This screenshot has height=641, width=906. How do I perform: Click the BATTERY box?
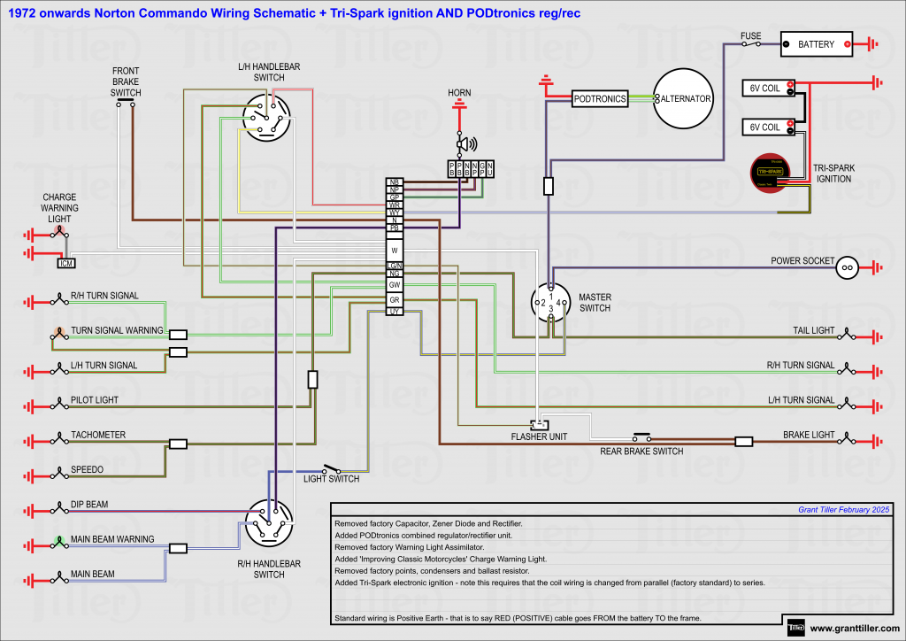pos(816,43)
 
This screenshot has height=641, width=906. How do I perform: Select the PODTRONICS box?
pos(599,98)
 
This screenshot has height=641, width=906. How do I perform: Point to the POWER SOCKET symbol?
pos(847,266)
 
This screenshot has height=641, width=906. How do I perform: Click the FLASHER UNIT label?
pos(539,436)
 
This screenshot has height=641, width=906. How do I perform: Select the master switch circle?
pos(550,304)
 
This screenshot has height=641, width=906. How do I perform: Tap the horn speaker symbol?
pos(465,144)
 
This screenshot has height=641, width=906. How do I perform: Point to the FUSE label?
pos(750,36)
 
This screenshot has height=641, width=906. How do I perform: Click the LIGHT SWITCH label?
pos(331,479)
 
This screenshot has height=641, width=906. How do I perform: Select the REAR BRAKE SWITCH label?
pos(642,452)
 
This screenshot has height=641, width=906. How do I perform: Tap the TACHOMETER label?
pos(98,435)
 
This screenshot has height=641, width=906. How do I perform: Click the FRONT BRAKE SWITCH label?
pos(126,81)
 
